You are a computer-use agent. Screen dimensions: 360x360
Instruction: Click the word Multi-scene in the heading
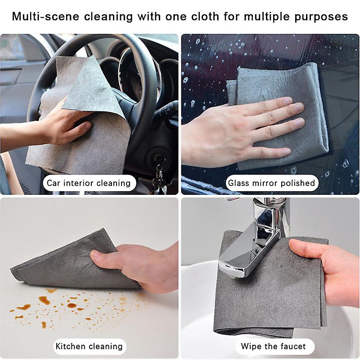41,17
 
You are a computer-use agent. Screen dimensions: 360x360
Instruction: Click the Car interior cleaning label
89,183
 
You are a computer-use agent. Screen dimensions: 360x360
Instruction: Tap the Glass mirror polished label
271,183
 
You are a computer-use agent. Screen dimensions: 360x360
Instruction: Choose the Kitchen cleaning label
89,346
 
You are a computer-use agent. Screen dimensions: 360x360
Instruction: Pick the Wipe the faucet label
273,346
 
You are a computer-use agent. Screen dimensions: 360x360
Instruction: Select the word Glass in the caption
238,183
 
